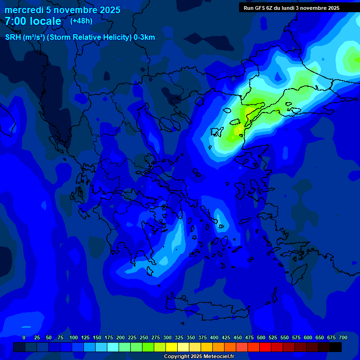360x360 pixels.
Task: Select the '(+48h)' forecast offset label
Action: tap(81, 21)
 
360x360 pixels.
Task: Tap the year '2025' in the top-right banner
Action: tap(330, 8)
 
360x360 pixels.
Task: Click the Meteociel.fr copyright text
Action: tap(198, 357)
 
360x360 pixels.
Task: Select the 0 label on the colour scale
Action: tap(24, 337)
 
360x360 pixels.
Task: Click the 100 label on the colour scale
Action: tap(74, 337)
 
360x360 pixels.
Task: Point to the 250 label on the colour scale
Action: tap(144, 337)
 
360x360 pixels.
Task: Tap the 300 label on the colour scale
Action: tap(167, 337)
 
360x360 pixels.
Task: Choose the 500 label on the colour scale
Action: tap(261, 337)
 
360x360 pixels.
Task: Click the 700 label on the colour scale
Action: tap(343, 337)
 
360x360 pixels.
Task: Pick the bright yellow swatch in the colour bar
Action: tap(172, 347)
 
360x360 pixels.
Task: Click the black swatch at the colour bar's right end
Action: tap(336, 347)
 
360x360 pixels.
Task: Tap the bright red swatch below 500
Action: tap(265, 347)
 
